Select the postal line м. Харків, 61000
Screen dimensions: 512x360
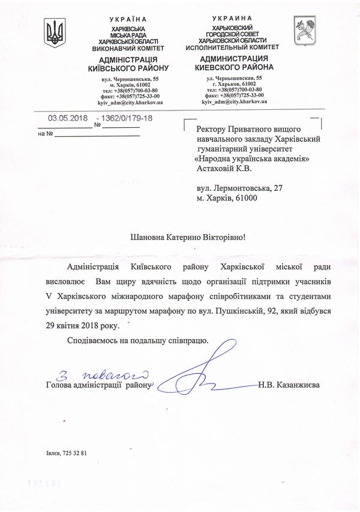coord(227,197)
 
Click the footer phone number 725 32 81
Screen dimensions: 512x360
coord(75,453)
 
